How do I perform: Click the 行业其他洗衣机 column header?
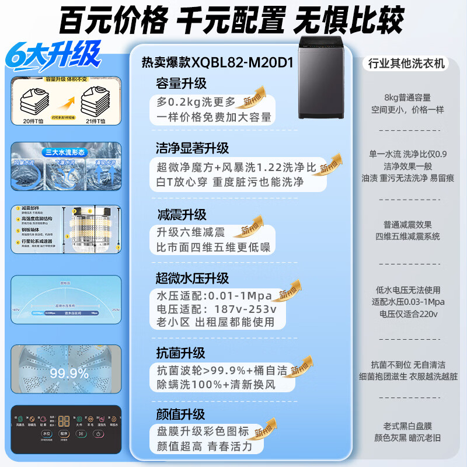coord(407,63)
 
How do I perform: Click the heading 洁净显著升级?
coord(192,148)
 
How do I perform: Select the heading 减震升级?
coord(180,214)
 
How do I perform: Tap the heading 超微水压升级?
coord(192,278)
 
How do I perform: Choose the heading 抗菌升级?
coord(180,353)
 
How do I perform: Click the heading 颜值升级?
coord(180,414)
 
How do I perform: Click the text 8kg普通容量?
coord(407,97)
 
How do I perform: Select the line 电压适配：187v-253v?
coord(217,309)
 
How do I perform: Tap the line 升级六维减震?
coord(190,232)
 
